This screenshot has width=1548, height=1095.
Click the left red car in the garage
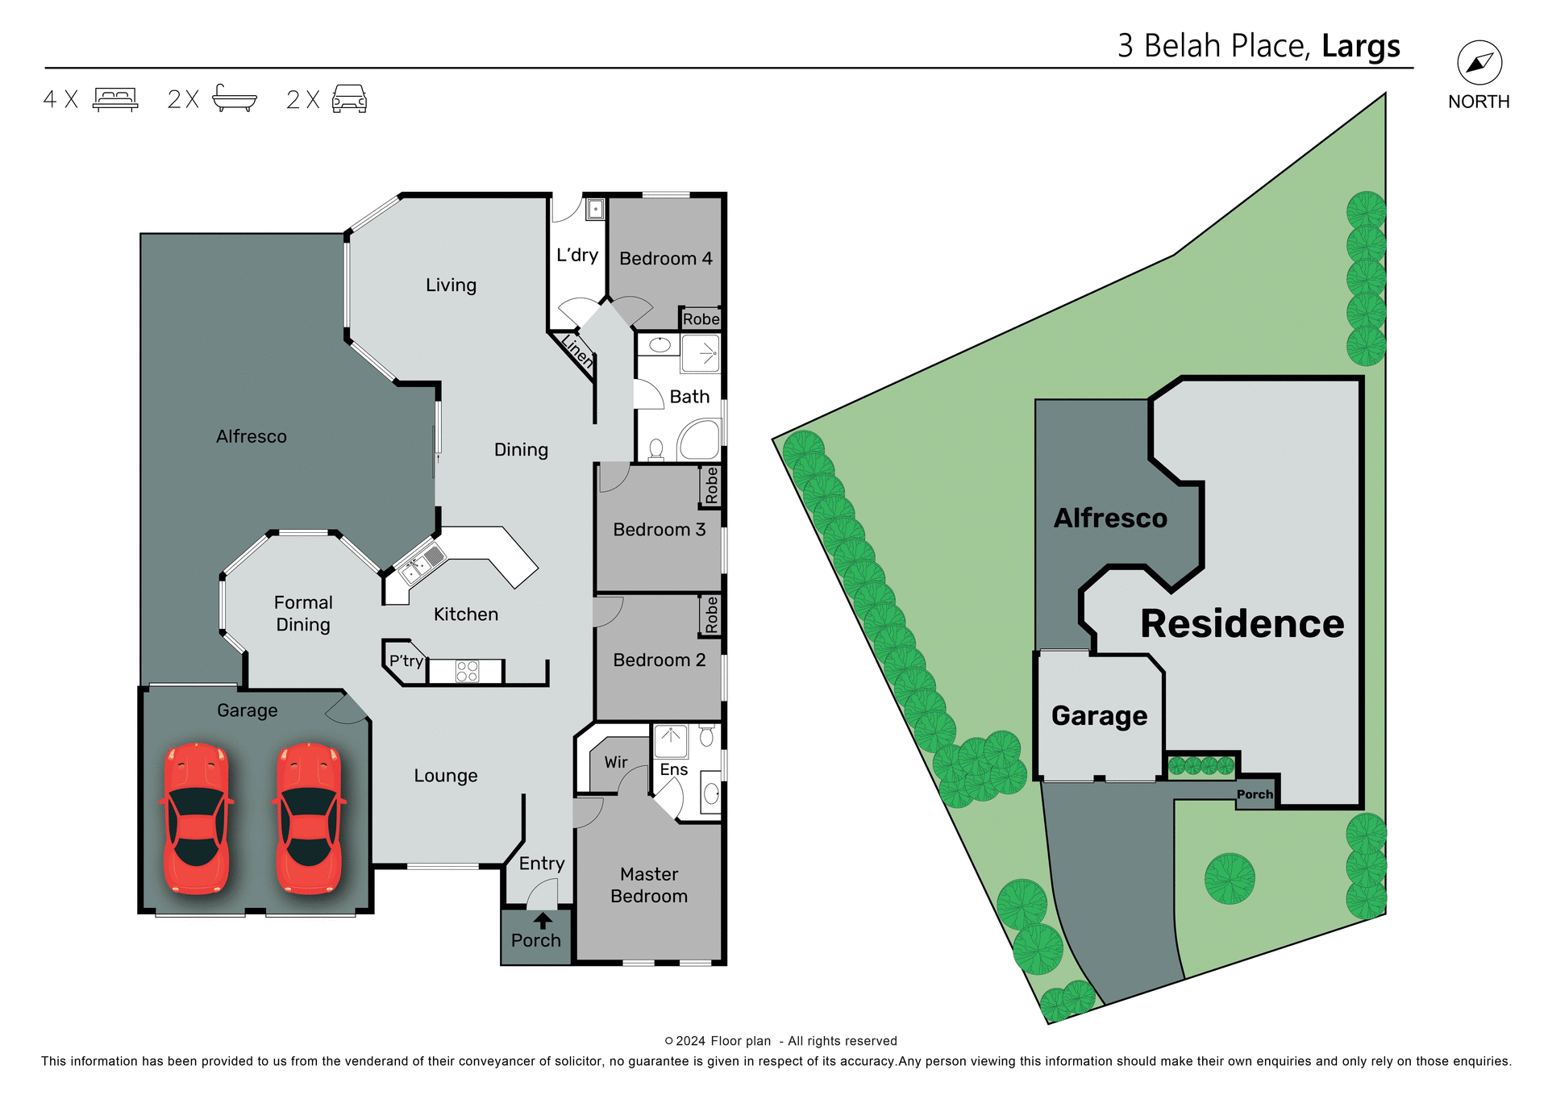(x=196, y=818)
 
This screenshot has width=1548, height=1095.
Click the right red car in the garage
(x=309, y=818)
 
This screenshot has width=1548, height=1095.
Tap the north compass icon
(x=1479, y=63)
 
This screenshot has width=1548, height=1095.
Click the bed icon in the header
(x=115, y=99)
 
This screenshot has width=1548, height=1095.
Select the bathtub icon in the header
(x=234, y=98)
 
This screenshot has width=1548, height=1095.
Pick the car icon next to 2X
(x=349, y=99)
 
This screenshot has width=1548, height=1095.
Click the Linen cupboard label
(x=577, y=352)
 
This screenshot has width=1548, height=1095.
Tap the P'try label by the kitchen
(x=406, y=661)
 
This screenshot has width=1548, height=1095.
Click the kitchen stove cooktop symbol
(x=467, y=671)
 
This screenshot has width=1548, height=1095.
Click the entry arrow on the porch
(x=543, y=921)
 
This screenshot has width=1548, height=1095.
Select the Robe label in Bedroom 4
(x=701, y=319)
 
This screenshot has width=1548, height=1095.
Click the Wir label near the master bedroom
(x=616, y=762)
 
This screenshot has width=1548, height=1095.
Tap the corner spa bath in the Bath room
(x=700, y=440)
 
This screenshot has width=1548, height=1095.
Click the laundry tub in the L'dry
(x=595, y=210)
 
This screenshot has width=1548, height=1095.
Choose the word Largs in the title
(x=1361, y=46)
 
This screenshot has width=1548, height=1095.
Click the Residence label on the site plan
(x=1242, y=624)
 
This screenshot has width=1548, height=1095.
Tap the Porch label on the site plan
(x=1255, y=794)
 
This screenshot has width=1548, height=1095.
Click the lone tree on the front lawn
(x=1230, y=878)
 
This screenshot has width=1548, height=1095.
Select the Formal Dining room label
(x=303, y=614)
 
